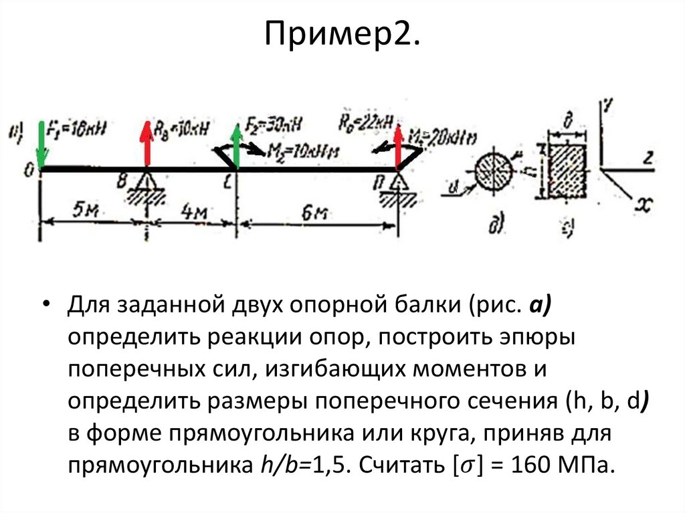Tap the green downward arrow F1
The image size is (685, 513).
click(x=42, y=144)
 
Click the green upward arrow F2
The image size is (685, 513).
click(x=236, y=144)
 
